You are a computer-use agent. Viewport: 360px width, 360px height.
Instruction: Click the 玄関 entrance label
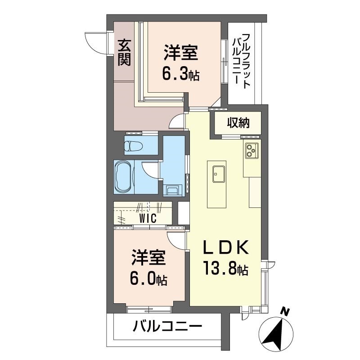click(x=125, y=53)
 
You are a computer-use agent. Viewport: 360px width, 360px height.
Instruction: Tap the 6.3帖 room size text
click(x=181, y=74)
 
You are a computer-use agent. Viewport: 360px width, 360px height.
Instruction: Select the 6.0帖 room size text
click(x=148, y=278)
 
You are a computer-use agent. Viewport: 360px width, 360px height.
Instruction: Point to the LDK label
click(x=226, y=247)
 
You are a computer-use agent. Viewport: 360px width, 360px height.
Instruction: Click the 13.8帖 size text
click(x=225, y=268)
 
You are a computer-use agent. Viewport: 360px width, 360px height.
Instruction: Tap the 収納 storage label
click(x=238, y=123)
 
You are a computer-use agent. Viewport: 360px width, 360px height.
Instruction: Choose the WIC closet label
click(x=148, y=218)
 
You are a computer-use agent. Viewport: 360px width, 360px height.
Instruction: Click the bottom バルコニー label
click(x=167, y=326)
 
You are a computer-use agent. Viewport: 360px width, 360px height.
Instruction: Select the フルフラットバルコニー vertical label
click(x=241, y=61)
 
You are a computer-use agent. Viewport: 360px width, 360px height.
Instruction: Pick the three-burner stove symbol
click(x=252, y=150)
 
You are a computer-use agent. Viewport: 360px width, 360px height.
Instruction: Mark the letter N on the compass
click(x=285, y=312)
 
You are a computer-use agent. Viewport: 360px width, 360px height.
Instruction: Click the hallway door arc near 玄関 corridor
click(x=176, y=121)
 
